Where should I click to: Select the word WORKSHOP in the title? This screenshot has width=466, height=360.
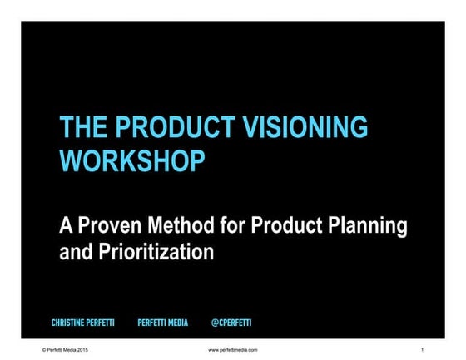131,160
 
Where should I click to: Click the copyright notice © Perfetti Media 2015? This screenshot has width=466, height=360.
65,350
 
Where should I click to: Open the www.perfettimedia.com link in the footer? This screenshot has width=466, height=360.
233,350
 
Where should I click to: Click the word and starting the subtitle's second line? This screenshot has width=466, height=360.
75,251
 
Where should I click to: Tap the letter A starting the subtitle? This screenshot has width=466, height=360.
66,225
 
